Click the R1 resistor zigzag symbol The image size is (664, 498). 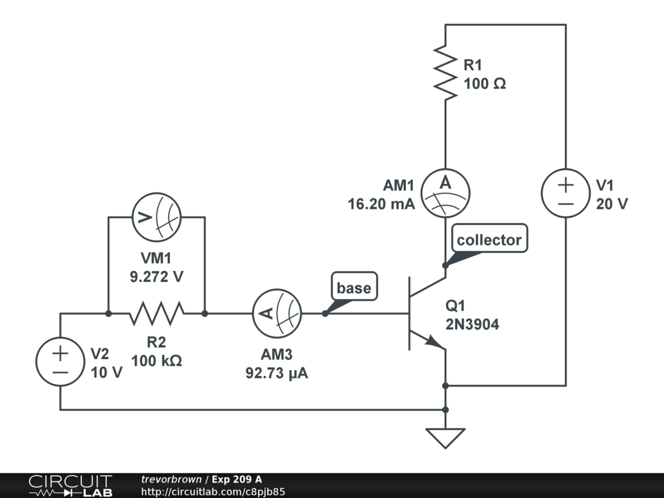(445, 73)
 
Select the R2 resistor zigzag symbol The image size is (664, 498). (156, 314)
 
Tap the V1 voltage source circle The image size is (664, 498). (566, 193)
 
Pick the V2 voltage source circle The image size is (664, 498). (60, 361)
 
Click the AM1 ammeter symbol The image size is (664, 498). (445, 193)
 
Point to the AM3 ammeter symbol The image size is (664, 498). (276, 314)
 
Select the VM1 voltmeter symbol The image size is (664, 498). (156, 217)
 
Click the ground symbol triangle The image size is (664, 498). (445, 438)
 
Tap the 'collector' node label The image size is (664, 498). (489, 240)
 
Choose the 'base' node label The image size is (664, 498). (354, 288)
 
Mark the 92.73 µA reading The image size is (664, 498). (276, 373)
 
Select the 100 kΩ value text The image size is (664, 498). (156, 361)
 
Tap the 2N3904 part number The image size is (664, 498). (472, 325)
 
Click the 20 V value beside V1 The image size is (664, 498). (612, 204)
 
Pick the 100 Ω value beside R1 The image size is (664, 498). (484, 84)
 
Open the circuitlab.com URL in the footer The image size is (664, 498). (213, 492)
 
